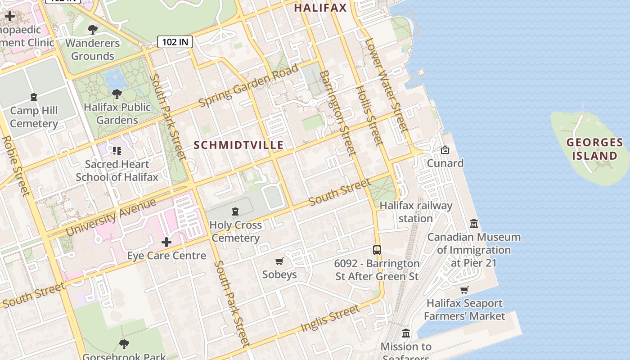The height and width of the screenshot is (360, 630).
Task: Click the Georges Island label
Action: (594, 149)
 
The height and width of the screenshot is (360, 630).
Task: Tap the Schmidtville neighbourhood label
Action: (238, 145)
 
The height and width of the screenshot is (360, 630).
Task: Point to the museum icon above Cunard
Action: (445, 150)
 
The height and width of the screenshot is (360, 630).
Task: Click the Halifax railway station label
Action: (415, 212)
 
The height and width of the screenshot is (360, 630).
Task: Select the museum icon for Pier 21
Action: (474, 223)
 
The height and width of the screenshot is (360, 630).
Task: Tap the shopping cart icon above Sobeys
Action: (279, 261)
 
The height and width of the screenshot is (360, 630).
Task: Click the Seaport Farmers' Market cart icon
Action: (464, 290)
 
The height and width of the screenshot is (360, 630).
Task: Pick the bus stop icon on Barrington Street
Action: (377, 250)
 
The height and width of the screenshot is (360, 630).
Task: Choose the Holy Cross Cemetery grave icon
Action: (235, 211)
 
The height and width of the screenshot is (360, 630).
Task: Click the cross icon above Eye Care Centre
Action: (166, 242)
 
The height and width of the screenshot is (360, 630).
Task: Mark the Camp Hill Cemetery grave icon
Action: (33, 97)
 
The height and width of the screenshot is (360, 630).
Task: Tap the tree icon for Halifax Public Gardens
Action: (117, 94)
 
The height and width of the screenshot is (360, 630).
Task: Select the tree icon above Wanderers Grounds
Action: (93, 30)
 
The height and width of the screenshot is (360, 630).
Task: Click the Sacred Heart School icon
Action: (117, 151)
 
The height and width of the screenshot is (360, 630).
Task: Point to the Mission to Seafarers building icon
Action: (406, 333)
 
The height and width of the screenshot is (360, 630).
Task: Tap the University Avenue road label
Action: (111, 216)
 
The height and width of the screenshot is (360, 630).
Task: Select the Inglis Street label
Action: (330, 318)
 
